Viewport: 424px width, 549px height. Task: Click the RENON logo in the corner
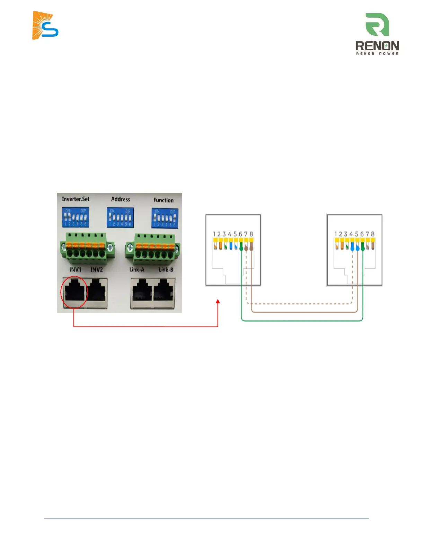pos(377,34)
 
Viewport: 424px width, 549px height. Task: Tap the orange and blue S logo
pos(45,26)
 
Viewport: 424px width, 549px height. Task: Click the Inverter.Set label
pos(76,199)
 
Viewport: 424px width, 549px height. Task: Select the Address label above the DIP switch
pos(121,199)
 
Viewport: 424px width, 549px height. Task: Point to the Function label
pos(164,200)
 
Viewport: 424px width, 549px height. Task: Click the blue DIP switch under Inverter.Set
pos(76,217)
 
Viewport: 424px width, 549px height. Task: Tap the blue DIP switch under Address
pos(120,218)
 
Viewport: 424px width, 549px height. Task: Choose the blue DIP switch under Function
pos(165,218)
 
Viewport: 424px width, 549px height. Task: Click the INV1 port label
pos(75,270)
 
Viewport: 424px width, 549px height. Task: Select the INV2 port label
pos(97,270)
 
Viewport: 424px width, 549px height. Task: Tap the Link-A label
pos(137,269)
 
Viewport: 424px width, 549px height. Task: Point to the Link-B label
pos(166,269)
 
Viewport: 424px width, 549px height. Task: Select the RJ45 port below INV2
pos(97,293)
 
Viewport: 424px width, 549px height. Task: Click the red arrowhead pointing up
pos(218,302)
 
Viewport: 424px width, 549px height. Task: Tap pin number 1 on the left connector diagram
pos(214,234)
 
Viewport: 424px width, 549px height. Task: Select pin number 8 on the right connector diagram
pos(373,234)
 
